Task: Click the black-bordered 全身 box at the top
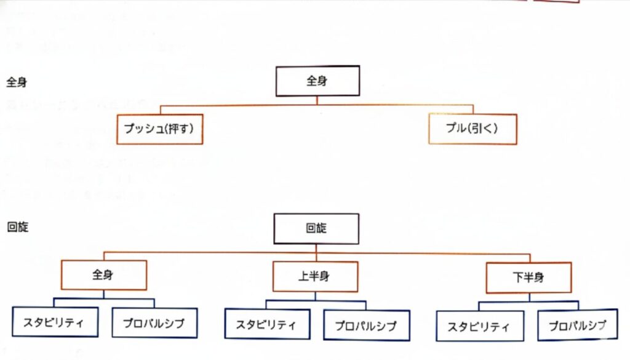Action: [316, 81]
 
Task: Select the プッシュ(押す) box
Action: [160, 129]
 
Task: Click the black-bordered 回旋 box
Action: [316, 228]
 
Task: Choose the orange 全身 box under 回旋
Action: [104, 275]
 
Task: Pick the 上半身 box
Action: [316, 276]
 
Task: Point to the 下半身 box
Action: [528, 278]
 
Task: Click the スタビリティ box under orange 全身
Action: [55, 322]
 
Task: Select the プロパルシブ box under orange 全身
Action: [154, 322]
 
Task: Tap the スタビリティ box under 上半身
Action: [268, 324]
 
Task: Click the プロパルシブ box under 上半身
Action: [366, 325]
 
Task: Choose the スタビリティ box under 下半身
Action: [480, 326]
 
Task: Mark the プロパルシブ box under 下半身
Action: [578, 325]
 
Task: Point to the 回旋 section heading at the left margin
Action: [17, 227]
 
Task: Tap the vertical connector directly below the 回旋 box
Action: [316, 248]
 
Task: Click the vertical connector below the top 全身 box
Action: [316, 100]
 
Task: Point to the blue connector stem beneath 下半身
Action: [529, 297]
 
